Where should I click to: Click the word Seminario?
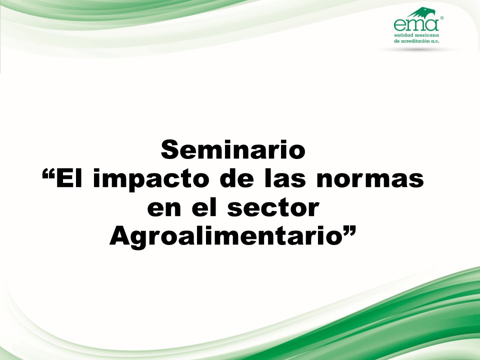point(233,149)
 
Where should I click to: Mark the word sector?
point(273,208)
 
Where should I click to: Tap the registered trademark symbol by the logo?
point(441,18)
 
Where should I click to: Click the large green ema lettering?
point(416,25)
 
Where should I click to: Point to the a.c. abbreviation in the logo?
point(435,41)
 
